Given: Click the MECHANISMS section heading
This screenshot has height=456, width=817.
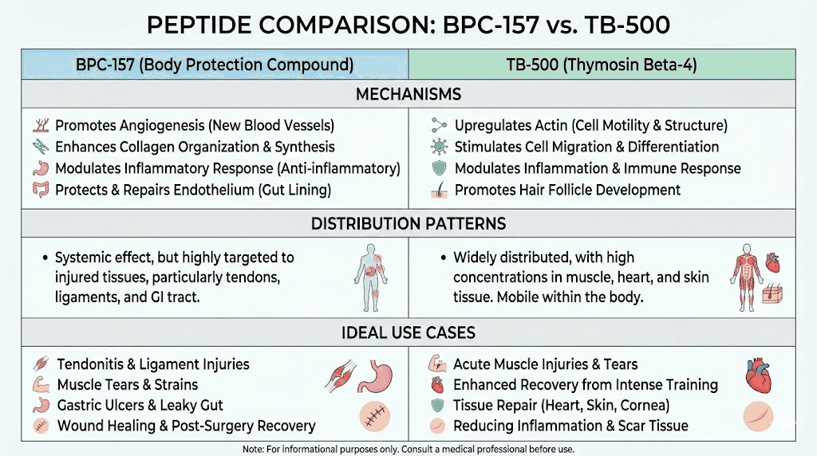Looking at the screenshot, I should [408, 94].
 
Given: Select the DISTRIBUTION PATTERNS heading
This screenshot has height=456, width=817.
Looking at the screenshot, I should [408, 224].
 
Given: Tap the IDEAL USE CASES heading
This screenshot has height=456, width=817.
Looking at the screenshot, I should [408, 332].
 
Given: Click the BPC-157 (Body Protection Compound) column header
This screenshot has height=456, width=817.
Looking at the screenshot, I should [215, 65].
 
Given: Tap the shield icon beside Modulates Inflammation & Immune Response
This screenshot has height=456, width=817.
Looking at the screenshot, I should [438, 168].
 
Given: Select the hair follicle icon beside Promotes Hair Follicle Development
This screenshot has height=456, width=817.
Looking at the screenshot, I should [438, 190].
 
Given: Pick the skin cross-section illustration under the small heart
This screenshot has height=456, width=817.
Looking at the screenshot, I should [776, 297].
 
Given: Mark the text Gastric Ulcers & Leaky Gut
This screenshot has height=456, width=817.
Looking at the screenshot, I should [140, 405].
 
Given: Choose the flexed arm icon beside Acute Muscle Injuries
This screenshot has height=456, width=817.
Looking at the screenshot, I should [438, 364].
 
